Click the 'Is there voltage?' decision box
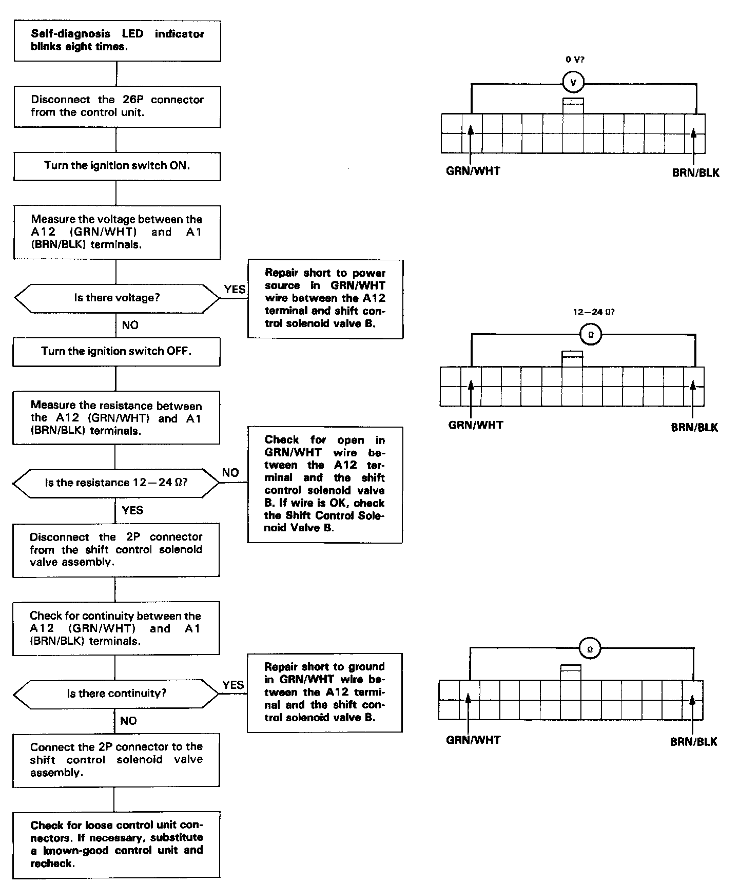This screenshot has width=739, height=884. click(x=116, y=298)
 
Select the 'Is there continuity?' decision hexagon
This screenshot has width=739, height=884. click(x=116, y=694)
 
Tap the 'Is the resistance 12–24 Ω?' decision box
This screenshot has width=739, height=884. click(x=116, y=483)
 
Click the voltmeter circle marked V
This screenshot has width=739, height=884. click(x=573, y=82)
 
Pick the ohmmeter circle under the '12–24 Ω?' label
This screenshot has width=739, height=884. click(x=590, y=335)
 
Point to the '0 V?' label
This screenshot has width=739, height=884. click(x=575, y=60)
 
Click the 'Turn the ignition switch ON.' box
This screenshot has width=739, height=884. click(x=117, y=166)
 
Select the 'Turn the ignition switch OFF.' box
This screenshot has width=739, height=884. click(x=116, y=352)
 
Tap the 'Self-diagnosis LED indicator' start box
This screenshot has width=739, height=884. click(x=117, y=41)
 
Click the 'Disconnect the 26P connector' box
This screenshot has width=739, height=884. click(x=117, y=106)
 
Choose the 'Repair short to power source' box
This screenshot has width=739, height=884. click(x=325, y=299)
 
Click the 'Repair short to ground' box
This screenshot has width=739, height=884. click(x=325, y=692)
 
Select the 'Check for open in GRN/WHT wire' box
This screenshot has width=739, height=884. click(x=325, y=484)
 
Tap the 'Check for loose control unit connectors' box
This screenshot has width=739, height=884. click(x=116, y=844)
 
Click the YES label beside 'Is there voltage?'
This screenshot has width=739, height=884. click(x=235, y=290)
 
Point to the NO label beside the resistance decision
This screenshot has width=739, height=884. click(x=230, y=473)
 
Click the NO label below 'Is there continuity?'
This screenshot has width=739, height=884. click(x=128, y=721)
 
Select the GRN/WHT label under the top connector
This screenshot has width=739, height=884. click(x=473, y=171)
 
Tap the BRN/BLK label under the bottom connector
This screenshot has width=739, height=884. click(x=693, y=742)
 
